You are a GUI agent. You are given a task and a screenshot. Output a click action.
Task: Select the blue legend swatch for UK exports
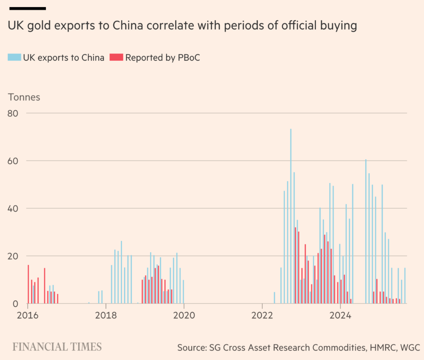14,57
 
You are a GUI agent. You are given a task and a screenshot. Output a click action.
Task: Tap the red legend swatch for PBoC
116,57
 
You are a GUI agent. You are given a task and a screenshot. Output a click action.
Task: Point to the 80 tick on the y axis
13,113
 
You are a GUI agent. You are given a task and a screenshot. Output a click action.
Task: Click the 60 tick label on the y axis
13,161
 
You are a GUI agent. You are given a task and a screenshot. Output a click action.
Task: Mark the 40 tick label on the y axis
13,208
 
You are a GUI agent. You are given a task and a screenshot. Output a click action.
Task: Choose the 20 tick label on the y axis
13,256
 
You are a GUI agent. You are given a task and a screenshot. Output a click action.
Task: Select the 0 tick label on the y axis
15,304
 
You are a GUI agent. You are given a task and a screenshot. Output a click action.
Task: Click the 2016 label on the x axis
28,315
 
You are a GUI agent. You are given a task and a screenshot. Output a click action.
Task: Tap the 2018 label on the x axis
106,315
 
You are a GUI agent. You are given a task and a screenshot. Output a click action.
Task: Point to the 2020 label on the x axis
184,315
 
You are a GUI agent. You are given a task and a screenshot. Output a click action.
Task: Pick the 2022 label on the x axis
262,315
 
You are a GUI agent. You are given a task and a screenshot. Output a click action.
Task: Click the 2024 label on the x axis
340,315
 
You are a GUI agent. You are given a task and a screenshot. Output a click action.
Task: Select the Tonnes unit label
24,97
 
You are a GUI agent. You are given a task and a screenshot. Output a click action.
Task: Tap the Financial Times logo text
57,347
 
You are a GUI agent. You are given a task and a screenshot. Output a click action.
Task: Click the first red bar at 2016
28,284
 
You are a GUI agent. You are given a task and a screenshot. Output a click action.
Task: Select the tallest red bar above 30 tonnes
295,265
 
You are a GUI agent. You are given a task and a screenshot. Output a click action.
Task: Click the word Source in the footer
192,348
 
